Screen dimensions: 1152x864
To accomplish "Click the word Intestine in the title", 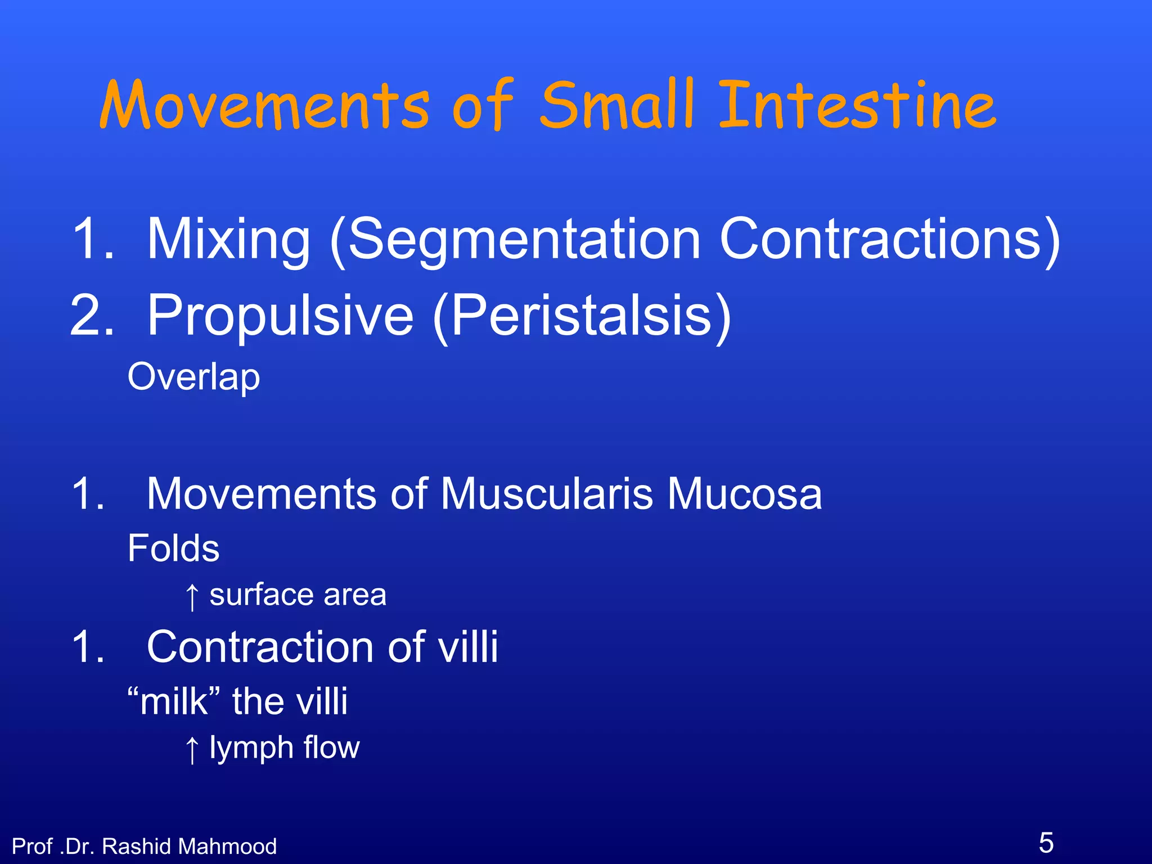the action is (857, 106).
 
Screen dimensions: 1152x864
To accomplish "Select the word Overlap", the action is (193, 377).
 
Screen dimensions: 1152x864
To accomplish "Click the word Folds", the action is (173, 548).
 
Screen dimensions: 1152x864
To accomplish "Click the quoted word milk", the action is (174, 702).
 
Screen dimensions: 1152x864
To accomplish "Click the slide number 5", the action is (1046, 843).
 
